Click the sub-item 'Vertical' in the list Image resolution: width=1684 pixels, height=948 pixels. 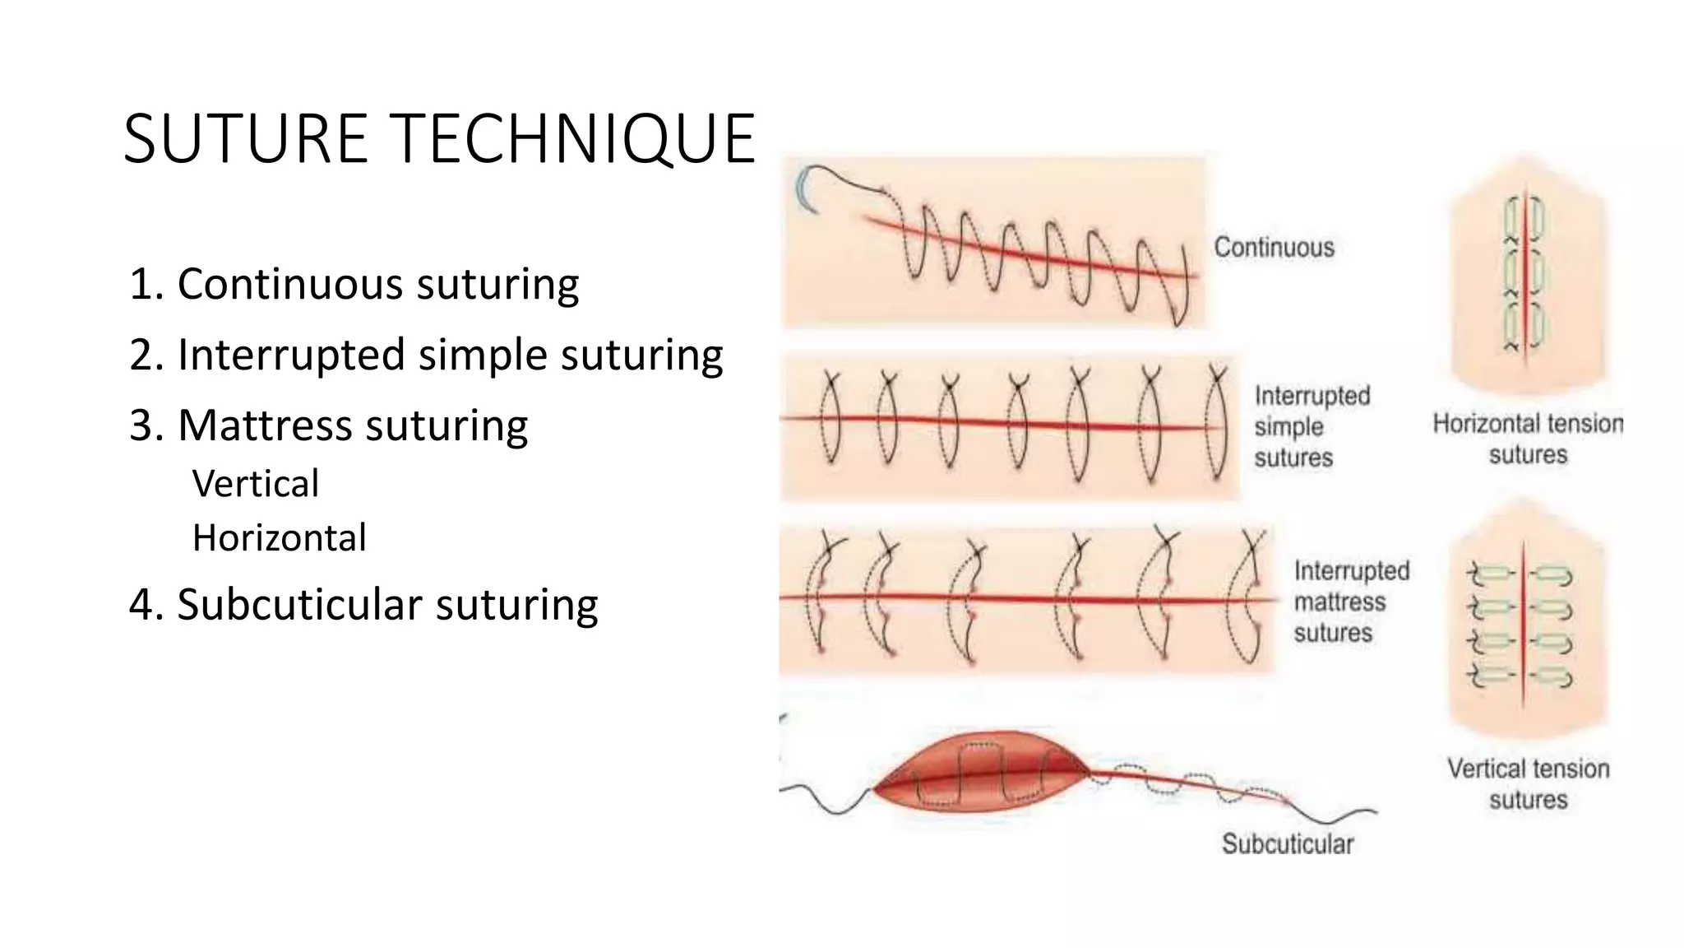point(255,484)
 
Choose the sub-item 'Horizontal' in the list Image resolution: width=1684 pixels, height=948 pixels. point(279,538)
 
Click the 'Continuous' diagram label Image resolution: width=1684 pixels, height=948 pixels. point(1274,247)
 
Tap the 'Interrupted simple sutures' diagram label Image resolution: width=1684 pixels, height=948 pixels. point(1311,426)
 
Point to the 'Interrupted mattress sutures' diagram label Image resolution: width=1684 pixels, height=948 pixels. point(1350,602)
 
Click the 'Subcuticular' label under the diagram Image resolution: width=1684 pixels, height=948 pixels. point(1287,843)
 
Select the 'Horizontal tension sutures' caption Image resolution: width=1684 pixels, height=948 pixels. point(1528,439)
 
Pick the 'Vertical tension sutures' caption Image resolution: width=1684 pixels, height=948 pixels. point(1528,783)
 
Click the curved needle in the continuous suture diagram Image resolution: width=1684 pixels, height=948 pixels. point(805,188)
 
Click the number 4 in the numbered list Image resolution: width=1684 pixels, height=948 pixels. point(141,605)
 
